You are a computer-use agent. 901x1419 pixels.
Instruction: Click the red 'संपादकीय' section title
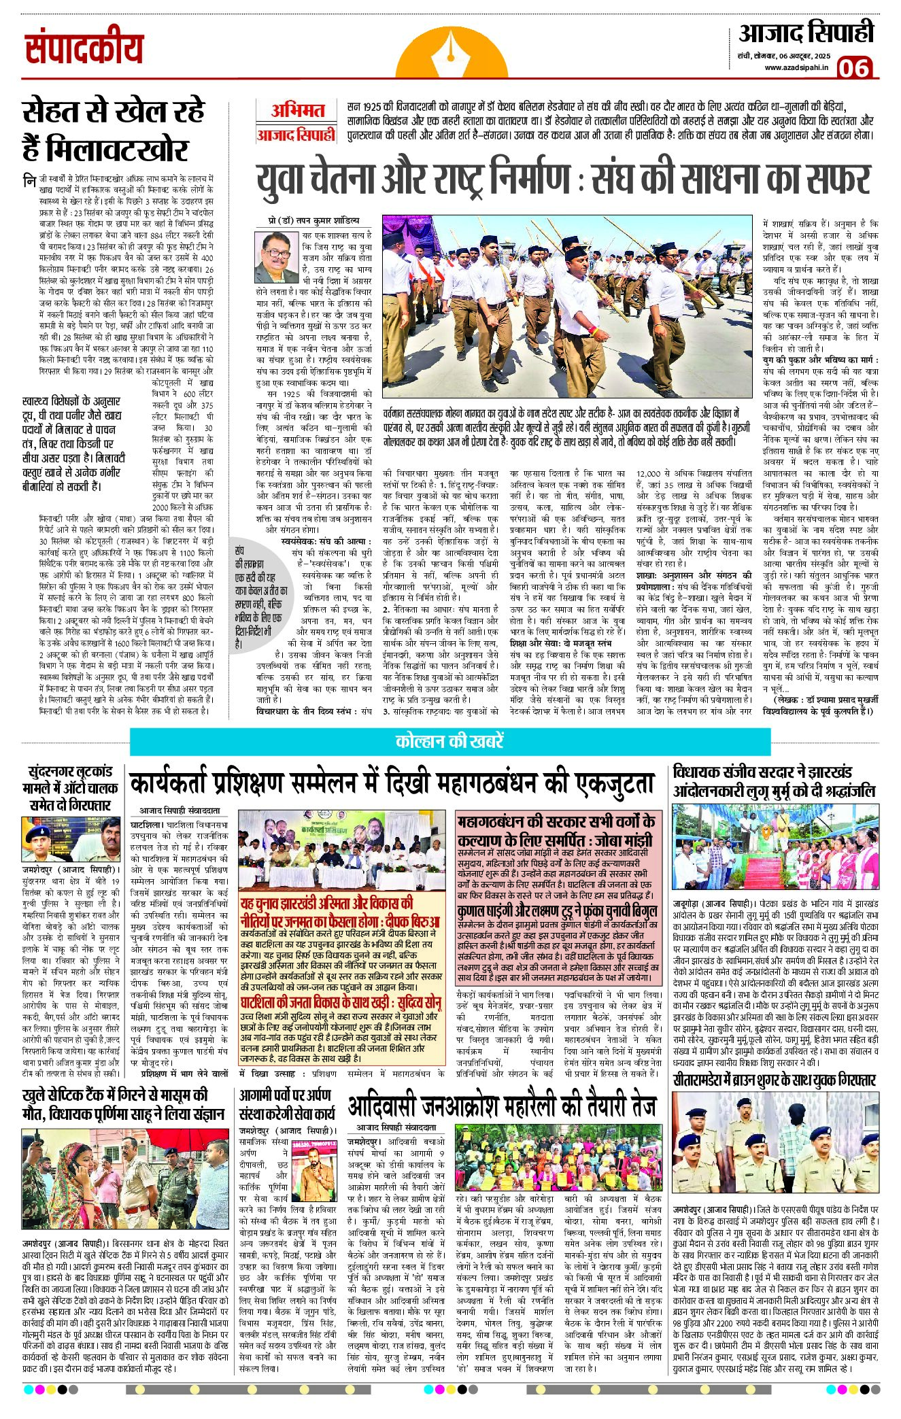point(85,50)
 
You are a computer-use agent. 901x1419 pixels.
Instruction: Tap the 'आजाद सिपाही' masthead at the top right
point(806,33)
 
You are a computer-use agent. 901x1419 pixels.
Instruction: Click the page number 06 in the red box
point(854,67)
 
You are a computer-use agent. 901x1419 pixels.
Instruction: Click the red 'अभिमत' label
point(298,111)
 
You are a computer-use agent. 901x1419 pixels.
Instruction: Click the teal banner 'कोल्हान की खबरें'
point(449,741)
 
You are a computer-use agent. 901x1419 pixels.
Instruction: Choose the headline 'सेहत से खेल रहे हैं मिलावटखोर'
point(113,130)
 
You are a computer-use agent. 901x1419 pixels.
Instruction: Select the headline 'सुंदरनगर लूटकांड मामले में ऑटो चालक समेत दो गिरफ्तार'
point(70,788)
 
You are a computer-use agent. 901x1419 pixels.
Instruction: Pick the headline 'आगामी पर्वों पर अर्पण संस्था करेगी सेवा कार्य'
point(286,1105)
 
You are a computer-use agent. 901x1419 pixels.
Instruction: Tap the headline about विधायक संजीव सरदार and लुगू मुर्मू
point(774,782)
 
